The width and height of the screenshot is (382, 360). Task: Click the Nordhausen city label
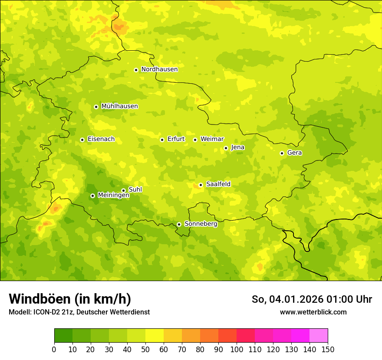159,69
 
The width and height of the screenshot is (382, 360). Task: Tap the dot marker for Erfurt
162,140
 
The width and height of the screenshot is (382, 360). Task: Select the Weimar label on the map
212,139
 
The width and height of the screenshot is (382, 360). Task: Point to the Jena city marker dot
226,148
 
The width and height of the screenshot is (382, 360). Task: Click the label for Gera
294,153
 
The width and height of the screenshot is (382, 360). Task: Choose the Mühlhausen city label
119,106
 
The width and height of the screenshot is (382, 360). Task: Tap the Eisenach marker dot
82,140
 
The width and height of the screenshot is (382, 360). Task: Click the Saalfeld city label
218,184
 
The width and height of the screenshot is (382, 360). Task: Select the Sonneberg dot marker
179,224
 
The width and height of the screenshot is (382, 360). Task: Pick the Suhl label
135,190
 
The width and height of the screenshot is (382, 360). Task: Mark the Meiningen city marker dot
92,196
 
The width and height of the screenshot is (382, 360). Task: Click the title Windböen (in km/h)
70,299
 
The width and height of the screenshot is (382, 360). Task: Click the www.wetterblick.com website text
313,312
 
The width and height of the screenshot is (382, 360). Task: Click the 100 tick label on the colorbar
237,350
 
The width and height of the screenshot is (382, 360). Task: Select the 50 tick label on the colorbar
145,350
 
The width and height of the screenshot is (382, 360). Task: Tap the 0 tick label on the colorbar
54,350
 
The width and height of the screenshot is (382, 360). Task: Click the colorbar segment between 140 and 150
319,336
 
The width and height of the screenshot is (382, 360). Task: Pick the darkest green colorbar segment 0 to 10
63,336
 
